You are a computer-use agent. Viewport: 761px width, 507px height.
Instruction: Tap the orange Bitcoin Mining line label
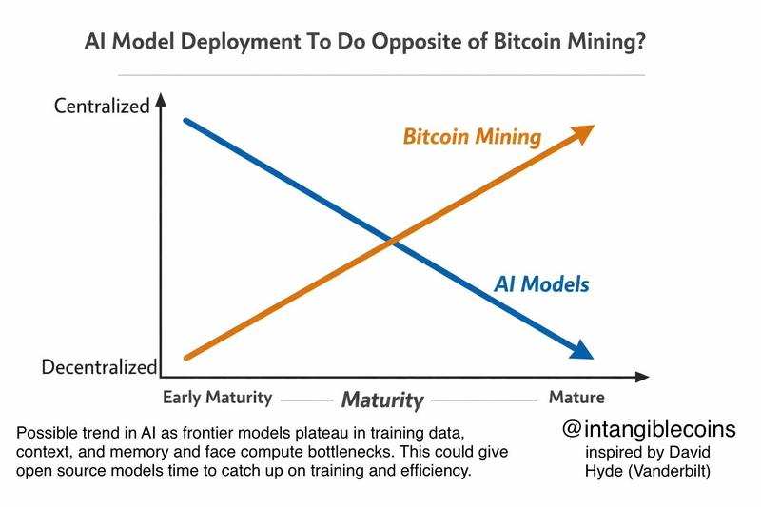473,137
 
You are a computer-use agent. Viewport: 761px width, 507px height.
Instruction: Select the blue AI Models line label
542,283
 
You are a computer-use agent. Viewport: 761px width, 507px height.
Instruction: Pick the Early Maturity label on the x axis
218,397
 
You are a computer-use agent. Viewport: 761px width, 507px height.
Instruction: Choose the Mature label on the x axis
576,397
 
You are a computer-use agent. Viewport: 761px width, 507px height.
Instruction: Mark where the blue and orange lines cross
390,244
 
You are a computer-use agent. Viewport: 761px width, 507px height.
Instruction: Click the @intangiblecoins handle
649,429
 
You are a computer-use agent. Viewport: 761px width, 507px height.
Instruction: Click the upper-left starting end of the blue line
186,122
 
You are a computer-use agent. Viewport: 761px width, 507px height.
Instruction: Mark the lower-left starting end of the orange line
186,358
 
